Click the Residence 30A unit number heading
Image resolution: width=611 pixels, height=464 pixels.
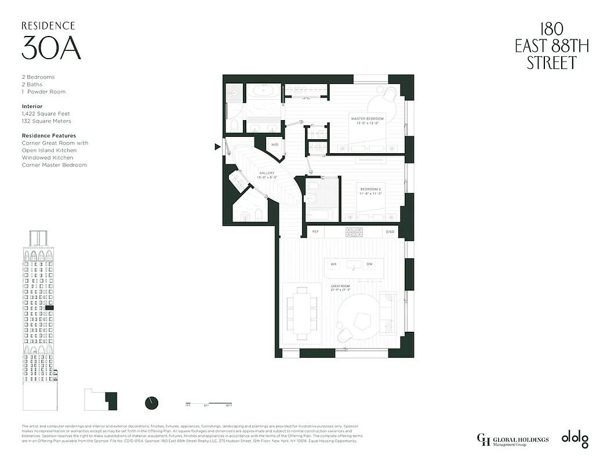(x=50, y=48)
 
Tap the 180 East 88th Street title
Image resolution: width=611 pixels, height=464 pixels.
(x=551, y=46)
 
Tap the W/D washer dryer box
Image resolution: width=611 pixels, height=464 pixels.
(x=275, y=145)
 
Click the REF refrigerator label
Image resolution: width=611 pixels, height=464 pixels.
(x=315, y=232)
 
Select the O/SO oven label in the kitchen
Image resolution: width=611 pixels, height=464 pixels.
(x=390, y=232)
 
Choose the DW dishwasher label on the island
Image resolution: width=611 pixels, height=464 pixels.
(x=369, y=264)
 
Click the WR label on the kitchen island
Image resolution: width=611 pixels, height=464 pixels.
(x=333, y=264)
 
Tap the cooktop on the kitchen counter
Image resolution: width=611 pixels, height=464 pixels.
(x=354, y=232)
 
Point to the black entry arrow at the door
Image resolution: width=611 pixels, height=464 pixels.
(x=217, y=147)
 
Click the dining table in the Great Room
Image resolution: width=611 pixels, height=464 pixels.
(x=302, y=313)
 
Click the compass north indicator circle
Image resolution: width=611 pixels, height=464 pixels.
(x=151, y=403)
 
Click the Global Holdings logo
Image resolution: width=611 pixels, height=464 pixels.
(x=512, y=440)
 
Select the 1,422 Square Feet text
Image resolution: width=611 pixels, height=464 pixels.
(x=46, y=114)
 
